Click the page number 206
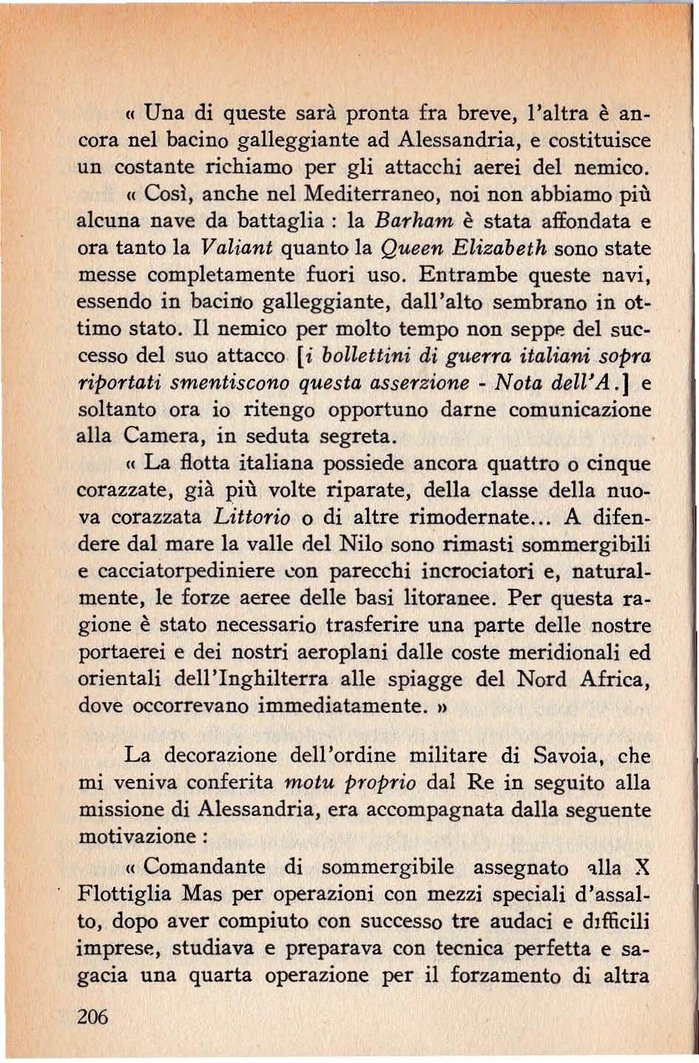click(x=92, y=1016)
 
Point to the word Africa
click(x=618, y=678)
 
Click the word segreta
click(x=359, y=436)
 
